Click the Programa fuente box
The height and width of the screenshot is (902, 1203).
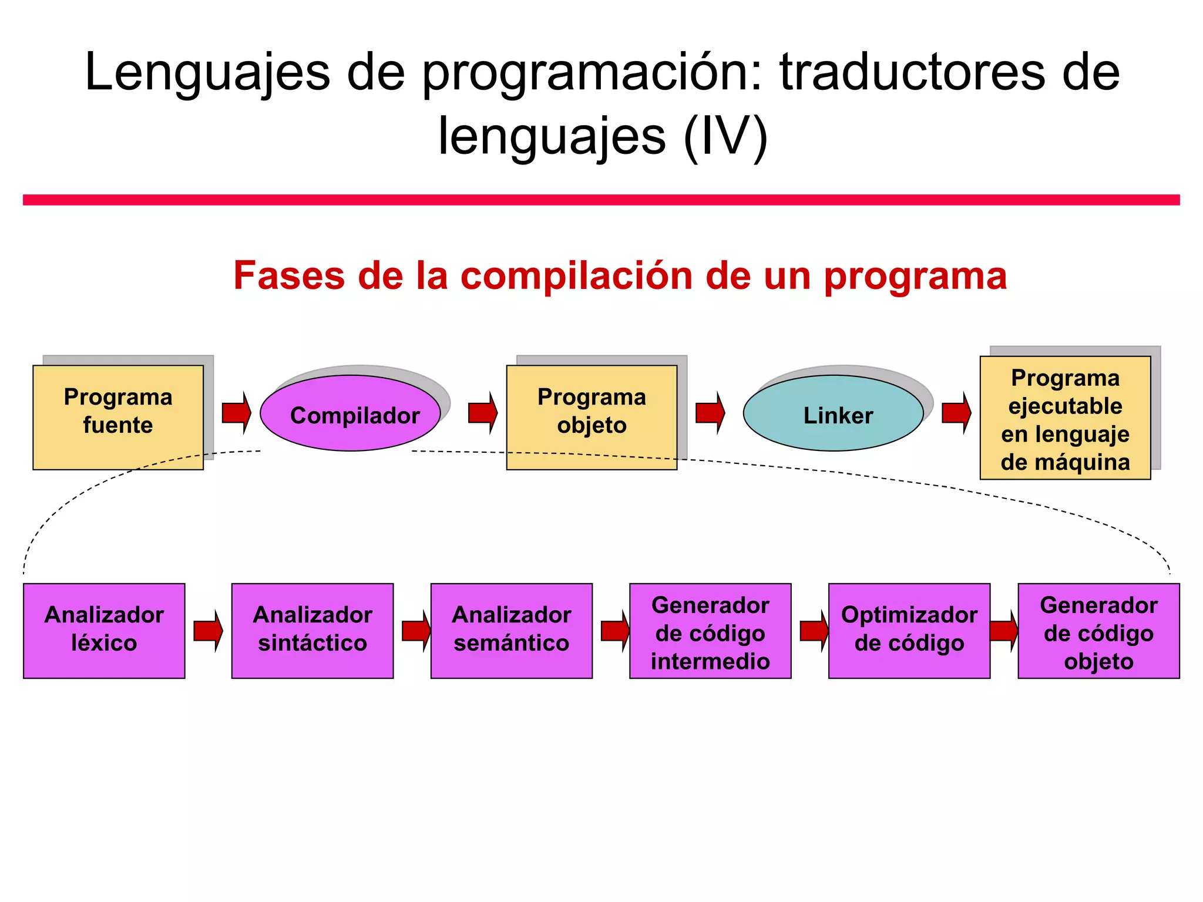[117, 417]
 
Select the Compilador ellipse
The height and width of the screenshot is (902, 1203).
[350, 413]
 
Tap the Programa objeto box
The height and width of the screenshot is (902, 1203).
[591, 417]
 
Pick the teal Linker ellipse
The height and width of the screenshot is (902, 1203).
[833, 413]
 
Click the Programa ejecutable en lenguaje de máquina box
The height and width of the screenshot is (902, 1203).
[1064, 418]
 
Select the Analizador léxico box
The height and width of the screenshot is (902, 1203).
[104, 631]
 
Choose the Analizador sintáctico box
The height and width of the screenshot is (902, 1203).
[312, 631]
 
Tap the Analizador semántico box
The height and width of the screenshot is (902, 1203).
[511, 631]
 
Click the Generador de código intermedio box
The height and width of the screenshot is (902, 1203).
[710, 631]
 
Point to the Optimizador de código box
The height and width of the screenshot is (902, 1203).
[909, 631]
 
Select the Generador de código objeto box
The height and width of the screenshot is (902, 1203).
[1098, 631]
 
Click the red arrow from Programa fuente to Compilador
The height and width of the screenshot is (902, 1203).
[236, 413]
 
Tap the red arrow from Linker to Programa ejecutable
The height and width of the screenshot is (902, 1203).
[956, 413]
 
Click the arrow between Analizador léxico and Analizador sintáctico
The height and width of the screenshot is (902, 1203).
[208, 631]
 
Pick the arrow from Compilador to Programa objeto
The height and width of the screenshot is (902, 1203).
[482, 413]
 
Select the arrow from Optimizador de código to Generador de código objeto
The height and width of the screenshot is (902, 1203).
[1003, 631]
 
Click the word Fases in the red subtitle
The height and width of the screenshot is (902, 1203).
[288, 275]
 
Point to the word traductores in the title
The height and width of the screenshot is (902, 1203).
[912, 73]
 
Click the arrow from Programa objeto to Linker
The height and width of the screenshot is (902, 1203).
[710, 413]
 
